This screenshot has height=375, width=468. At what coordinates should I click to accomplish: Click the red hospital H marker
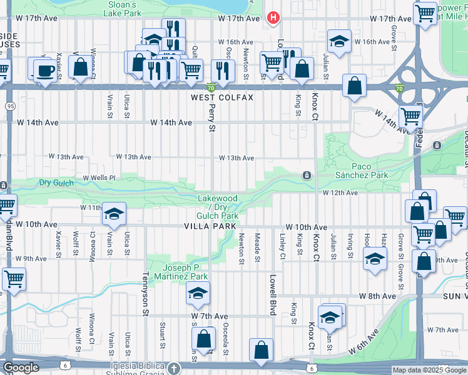point(273,18)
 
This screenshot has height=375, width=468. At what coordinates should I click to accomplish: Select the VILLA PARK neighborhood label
point(210,226)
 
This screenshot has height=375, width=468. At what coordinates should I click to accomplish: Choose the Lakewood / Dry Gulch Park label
point(218,207)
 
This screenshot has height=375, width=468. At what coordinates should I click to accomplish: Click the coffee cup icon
point(46,70)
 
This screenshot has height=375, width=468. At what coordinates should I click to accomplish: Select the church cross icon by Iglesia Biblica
point(173,368)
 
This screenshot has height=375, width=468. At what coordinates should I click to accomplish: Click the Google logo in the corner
point(21,367)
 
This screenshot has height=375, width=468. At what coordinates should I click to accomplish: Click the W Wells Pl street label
point(98,177)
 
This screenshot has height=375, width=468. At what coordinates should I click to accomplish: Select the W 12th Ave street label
point(340,192)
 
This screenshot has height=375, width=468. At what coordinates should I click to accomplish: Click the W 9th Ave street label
point(31,258)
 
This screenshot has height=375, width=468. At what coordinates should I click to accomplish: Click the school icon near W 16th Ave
point(338,42)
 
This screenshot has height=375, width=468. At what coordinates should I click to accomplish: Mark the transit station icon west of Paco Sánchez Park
point(307,176)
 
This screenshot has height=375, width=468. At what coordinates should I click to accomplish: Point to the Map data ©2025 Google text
point(429,371)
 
